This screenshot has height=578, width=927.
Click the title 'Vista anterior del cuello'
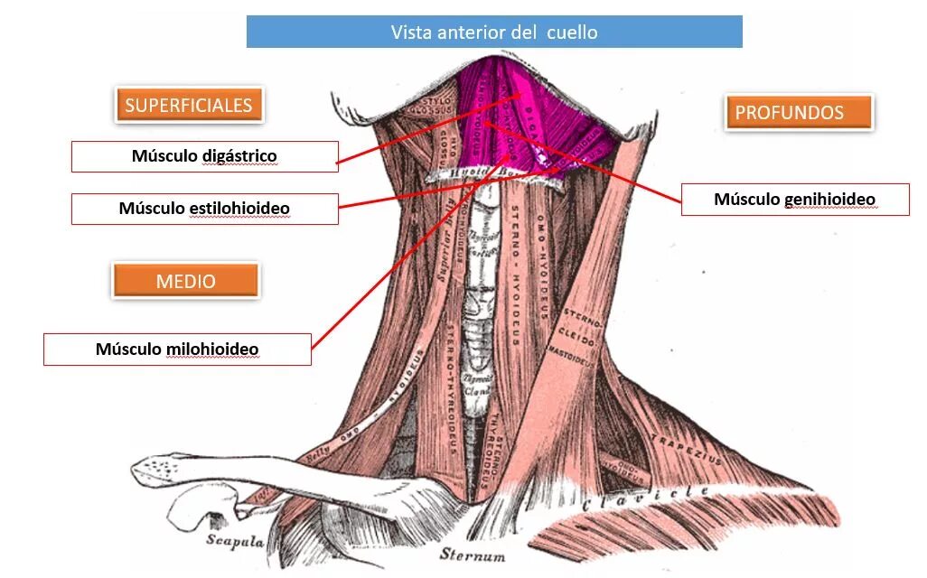(x=494, y=33)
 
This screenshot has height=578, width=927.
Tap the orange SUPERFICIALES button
(x=189, y=105)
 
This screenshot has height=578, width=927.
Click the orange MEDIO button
(x=185, y=281)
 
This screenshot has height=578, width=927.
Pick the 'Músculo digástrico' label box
(x=204, y=156)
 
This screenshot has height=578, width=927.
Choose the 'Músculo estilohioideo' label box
(x=204, y=209)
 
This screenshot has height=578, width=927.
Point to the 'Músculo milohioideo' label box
(x=177, y=349)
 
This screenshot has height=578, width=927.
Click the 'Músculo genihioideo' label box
(x=794, y=199)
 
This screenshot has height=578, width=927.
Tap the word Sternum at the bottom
(x=472, y=554)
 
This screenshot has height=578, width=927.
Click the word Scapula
(x=234, y=541)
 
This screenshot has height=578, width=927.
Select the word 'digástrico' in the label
(x=242, y=156)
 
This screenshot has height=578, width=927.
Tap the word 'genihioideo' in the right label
(x=833, y=199)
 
